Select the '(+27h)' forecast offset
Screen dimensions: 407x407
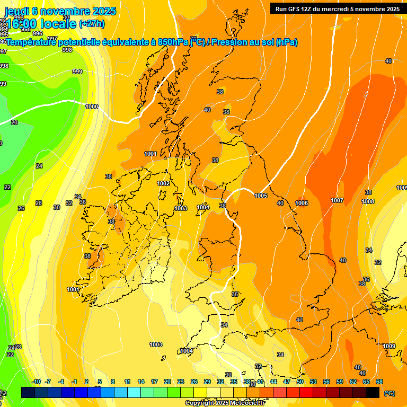point(92,24)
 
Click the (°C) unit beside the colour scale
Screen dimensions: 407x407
point(389,394)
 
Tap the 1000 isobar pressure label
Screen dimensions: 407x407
point(92,107)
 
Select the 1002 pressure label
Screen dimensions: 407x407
point(163,183)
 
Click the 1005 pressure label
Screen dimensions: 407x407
point(261,196)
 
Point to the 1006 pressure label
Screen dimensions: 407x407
point(302,203)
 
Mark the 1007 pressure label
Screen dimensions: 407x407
point(337,200)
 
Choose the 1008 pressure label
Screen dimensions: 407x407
point(368,201)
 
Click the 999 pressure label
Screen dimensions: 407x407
point(77,72)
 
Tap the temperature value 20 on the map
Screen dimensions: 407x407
point(14,122)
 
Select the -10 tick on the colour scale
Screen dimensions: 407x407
point(36,382)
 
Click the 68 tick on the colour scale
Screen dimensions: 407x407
point(379,382)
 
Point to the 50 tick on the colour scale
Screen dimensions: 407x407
point(300,382)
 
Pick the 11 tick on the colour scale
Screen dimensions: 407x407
point(127,382)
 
